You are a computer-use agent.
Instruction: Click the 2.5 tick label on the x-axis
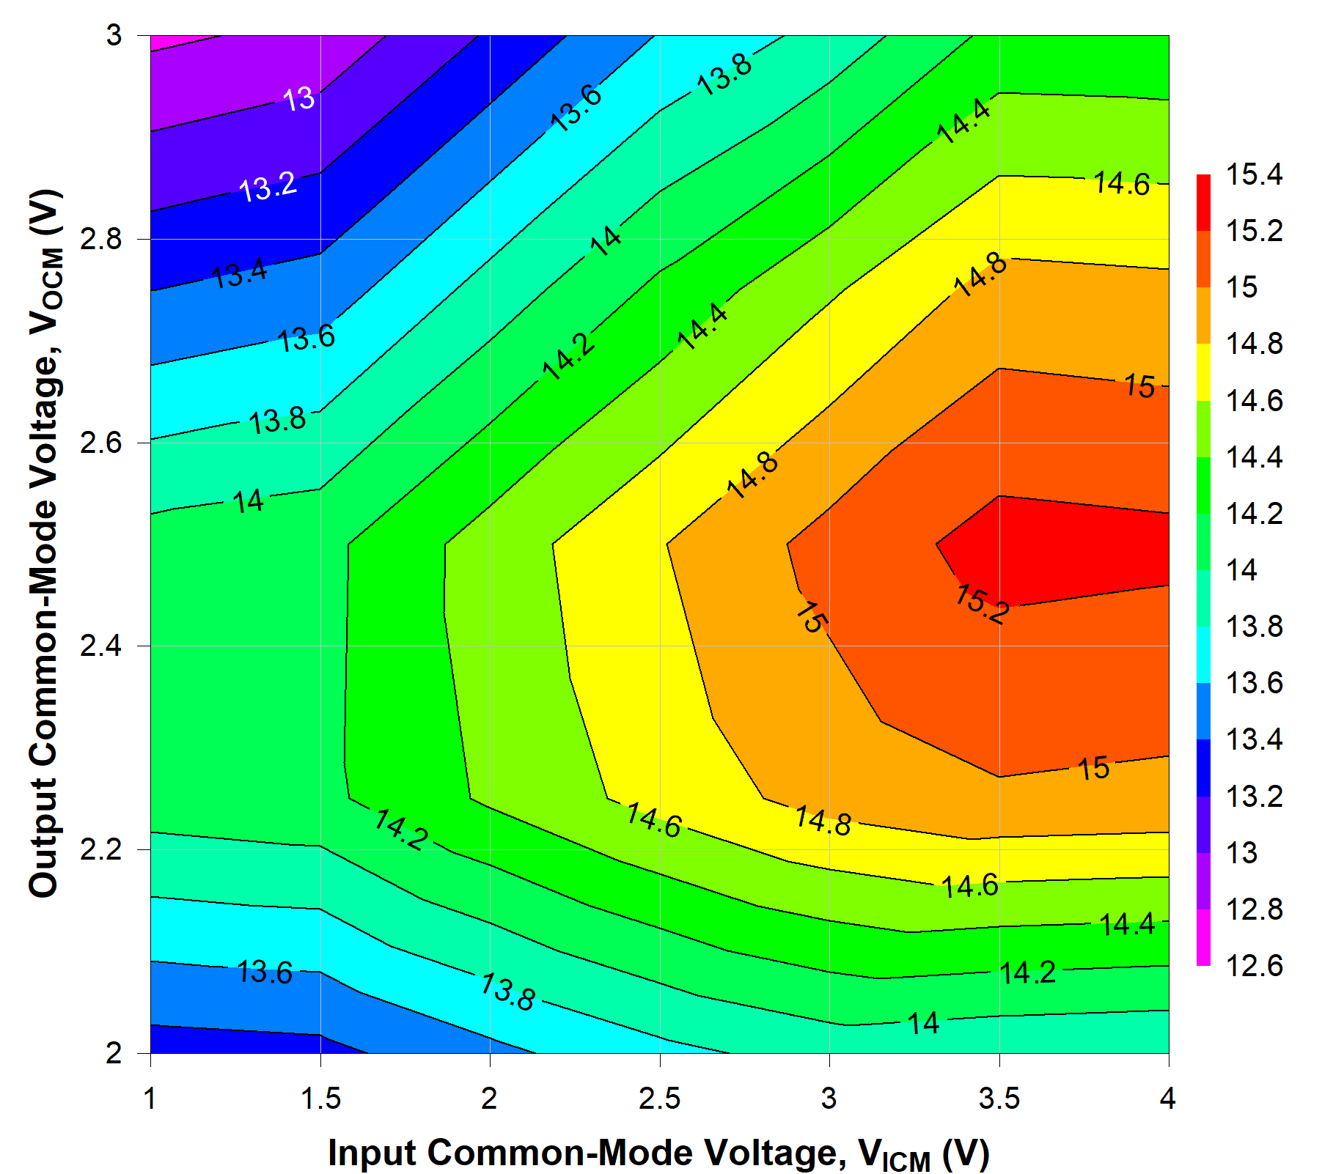(x=659, y=1099)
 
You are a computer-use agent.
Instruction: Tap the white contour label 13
(x=299, y=99)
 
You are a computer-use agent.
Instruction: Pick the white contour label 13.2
(x=268, y=187)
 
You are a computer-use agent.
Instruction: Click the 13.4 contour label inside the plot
(x=240, y=275)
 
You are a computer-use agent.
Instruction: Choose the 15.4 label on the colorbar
(x=1254, y=174)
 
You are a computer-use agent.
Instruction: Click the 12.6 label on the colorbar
(x=1254, y=965)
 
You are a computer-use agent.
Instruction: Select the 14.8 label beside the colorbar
(x=1254, y=344)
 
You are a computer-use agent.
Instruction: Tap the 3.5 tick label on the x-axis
(x=999, y=1099)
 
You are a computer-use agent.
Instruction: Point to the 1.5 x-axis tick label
(x=320, y=1099)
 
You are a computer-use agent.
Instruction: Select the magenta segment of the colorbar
(x=1203, y=937)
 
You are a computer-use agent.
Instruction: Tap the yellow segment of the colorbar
(x=1203, y=372)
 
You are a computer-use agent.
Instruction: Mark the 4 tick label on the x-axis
(x=1167, y=1099)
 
